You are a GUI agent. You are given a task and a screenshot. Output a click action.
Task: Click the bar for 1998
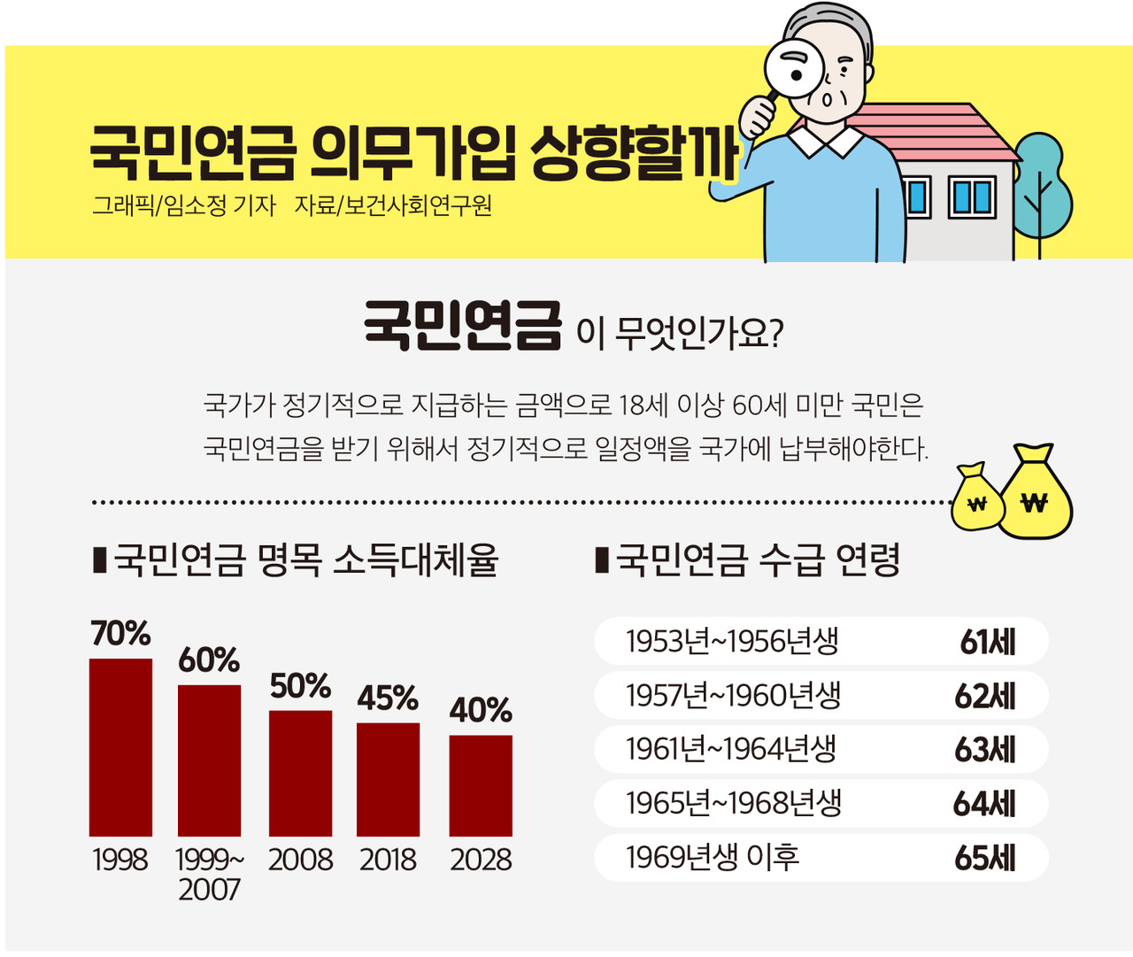pos(120,747)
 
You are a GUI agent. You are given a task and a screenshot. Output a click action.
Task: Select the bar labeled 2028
pos(481,785)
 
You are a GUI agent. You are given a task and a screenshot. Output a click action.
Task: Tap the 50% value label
pos(300,686)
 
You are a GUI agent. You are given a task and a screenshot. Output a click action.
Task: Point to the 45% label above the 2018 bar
pos(388,698)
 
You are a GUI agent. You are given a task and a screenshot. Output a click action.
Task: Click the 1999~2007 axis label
pos(210,874)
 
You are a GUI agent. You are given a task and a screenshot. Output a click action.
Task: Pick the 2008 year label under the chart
pos(300,860)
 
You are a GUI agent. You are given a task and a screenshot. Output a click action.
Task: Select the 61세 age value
pos(988,642)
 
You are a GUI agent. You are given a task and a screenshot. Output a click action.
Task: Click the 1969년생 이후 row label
pos(713,857)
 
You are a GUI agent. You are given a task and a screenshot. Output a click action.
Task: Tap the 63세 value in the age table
pos(985,750)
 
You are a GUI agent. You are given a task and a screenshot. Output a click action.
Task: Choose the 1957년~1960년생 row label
pos(733,696)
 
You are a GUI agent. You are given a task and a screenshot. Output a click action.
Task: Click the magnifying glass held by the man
pos(794,68)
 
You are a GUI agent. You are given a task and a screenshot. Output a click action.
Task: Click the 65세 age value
pos(985,858)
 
